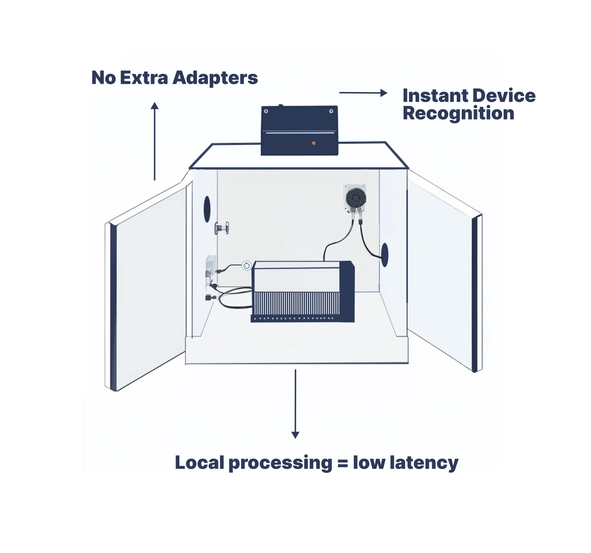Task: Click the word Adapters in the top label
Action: click(x=215, y=78)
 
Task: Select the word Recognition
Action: click(x=458, y=114)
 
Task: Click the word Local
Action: click(x=199, y=463)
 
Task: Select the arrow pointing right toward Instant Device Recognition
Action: click(x=363, y=93)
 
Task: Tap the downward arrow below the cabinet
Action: click(x=295, y=404)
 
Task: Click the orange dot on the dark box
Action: click(x=314, y=143)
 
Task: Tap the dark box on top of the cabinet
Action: click(x=299, y=130)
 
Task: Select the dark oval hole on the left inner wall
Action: click(x=207, y=209)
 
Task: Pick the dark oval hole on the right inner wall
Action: click(x=384, y=254)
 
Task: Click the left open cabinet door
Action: click(x=148, y=287)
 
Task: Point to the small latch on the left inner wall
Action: click(x=222, y=228)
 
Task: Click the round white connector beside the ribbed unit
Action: click(x=246, y=265)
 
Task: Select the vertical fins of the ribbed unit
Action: click(x=295, y=303)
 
